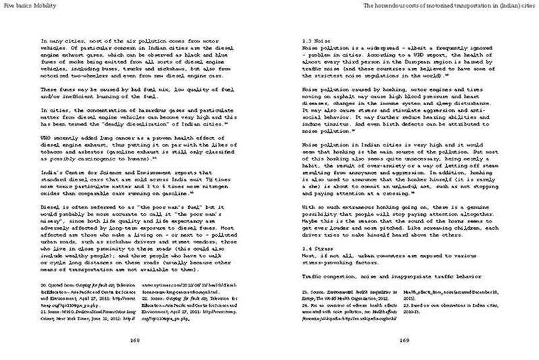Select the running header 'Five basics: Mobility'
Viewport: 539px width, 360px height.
pyautogui.click(x=27, y=5)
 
